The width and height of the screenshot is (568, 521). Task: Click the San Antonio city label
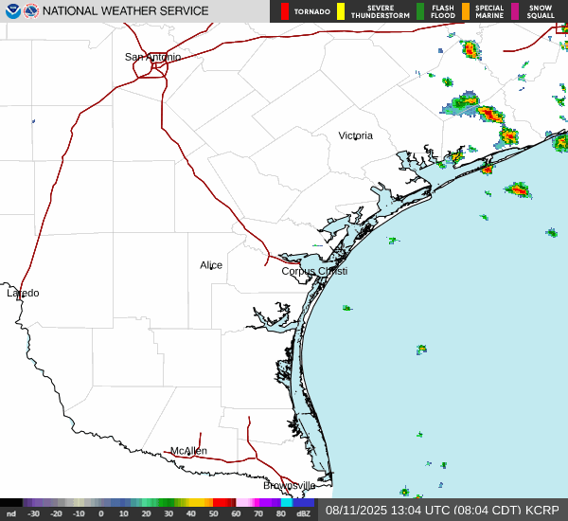click(x=152, y=57)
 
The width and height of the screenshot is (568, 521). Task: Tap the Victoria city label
click(x=356, y=135)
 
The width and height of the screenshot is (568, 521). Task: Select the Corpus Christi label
click(x=314, y=271)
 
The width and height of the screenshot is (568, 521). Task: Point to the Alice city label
click(x=211, y=265)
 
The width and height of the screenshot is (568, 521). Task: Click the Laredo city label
click(x=23, y=293)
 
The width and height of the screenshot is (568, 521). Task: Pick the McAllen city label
click(x=188, y=451)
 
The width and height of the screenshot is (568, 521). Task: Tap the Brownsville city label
click(x=289, y=485)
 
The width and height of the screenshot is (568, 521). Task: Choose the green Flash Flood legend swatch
click(x=420, y=11)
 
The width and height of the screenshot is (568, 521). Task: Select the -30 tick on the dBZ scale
click(x=33, y=513)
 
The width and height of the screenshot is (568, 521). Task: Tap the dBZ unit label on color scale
click(x=304, y=513)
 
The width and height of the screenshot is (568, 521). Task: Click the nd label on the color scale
click(x=10, y=513)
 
